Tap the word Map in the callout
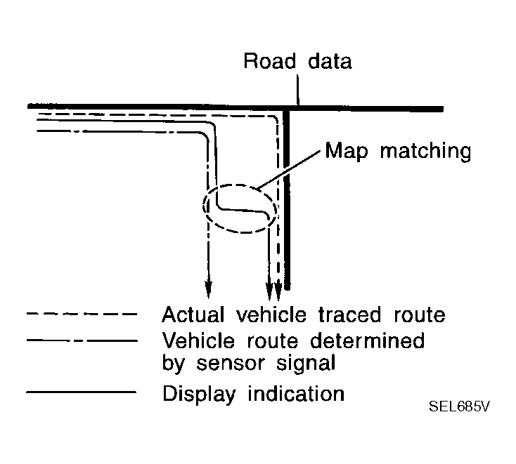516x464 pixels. pyautogui.click(x=343, y=151)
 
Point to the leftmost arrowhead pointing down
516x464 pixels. pyautogui.click(x=208, y=286)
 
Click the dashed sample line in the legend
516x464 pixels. pyautogui.click(x=79, y=313)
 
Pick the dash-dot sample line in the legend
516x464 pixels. pyautogui.click(x=79, y=340)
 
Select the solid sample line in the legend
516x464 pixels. pyautogui.click(x=79, y=392)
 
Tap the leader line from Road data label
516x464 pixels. pyautogui.click(x=298, y=91)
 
